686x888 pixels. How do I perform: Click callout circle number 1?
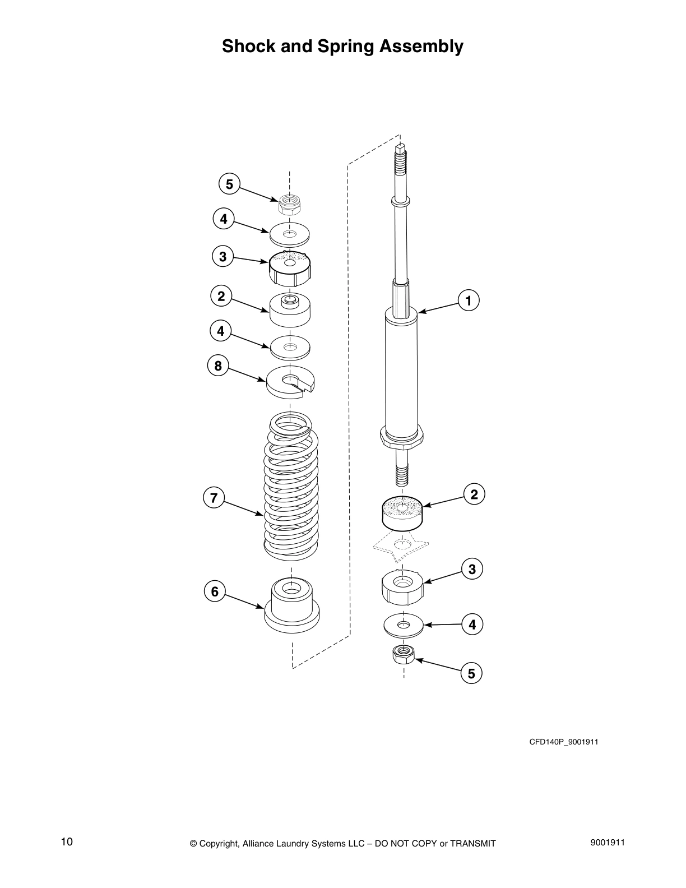[x=469, y=300]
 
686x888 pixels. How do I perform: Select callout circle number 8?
[x=217, y=366]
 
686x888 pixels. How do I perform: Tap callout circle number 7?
[x=214, y=497]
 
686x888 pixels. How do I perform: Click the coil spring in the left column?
[x=291, y=488]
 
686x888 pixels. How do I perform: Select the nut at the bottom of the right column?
[x=403, y=654]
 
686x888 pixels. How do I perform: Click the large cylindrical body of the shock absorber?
[x=401, y=376]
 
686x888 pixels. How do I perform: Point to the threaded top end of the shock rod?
[x=400, y=160]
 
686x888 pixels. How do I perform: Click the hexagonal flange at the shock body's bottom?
[x=401, y=437]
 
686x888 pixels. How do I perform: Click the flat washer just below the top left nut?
[x=290, y=234]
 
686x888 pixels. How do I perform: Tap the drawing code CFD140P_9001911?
[x=564, y=742]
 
